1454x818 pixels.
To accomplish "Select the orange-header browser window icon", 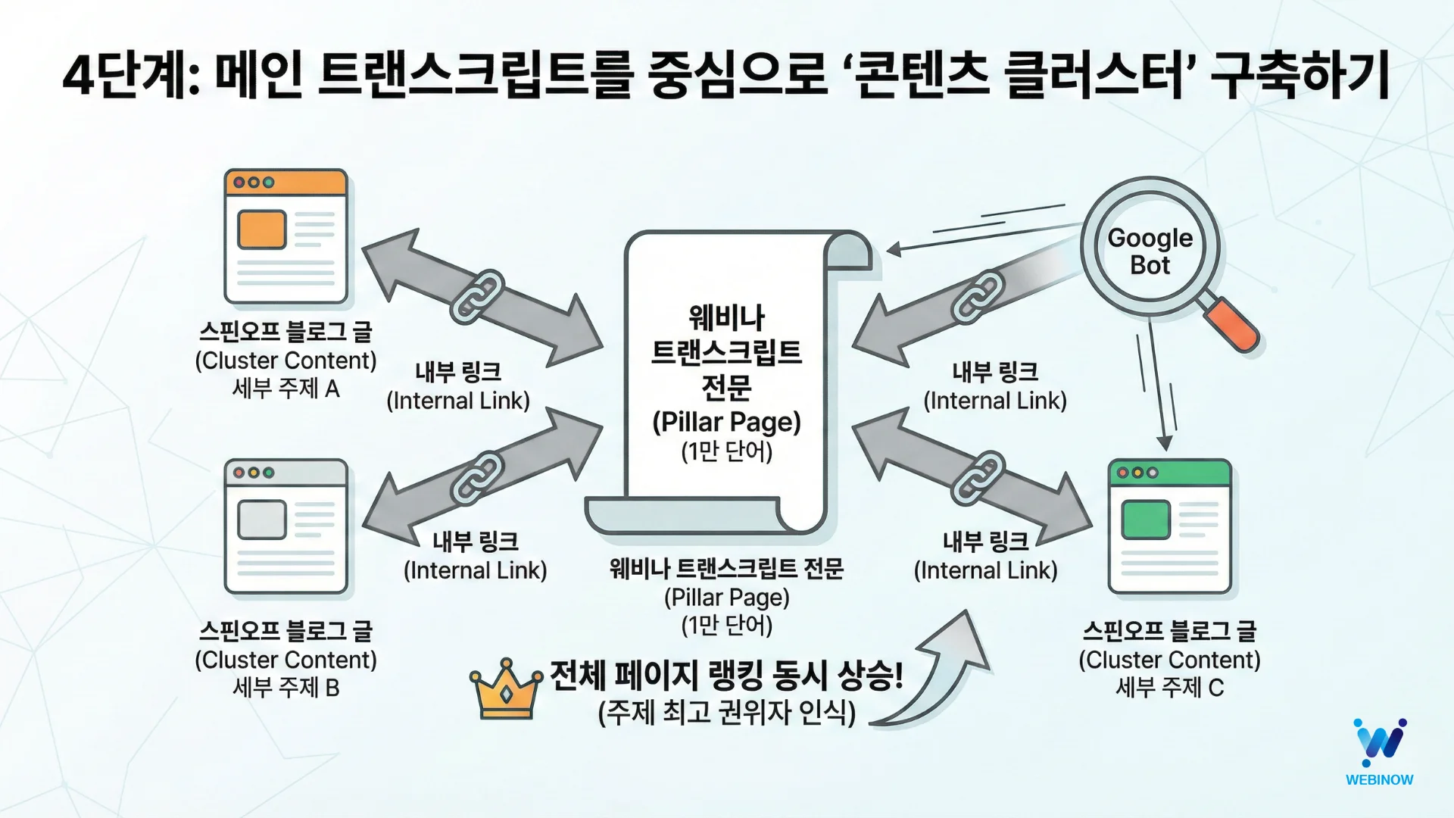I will point(285,236).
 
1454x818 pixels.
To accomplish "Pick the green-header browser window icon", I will point(1169,526).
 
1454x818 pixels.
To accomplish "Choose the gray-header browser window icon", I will point(285,526).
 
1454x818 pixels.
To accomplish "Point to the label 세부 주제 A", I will point(285,389).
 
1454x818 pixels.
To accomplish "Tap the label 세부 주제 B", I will point(285,688).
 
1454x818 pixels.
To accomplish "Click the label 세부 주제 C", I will point(1169,688).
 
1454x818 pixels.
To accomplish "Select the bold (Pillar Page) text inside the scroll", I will point(726,422).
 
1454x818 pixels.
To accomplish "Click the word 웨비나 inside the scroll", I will point(726,318).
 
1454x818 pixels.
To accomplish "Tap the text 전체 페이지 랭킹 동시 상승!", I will point(726,675).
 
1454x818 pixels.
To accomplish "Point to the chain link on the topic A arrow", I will point(477,296).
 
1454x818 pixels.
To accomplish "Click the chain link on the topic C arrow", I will point(978,477).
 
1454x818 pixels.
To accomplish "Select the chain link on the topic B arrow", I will point(477,478).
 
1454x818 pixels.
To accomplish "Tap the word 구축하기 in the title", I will point(1300,76).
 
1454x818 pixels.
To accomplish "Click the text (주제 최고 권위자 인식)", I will point(726,712).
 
